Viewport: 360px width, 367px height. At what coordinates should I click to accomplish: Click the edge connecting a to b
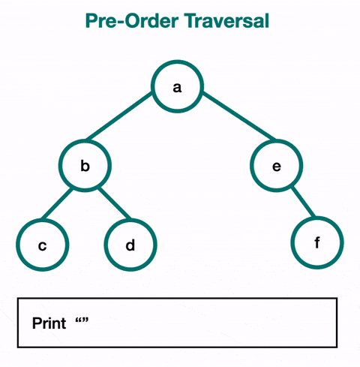(119, 116)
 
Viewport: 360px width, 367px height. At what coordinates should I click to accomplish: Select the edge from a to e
(238, 116)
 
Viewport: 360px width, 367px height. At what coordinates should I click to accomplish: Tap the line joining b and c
(57, 203)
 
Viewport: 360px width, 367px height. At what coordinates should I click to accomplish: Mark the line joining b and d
(114, 203)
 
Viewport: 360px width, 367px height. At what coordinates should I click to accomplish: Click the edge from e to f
(303, 201)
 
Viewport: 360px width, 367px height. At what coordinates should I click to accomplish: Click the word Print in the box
(49, 323)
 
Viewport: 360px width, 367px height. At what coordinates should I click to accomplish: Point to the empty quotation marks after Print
(82, 320)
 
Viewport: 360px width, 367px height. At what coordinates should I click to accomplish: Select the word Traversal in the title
(226, 20)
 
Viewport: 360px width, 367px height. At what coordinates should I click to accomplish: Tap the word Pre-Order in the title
(132, 20)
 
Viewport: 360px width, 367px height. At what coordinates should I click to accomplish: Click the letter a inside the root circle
(177, 88)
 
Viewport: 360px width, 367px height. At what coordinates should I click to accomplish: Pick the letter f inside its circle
(317, 242)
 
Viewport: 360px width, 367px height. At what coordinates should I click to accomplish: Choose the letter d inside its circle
(130, 245)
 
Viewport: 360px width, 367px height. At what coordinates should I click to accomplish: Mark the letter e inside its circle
(277, 167)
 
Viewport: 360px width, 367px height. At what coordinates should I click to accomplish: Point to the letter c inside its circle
(42, 246)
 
